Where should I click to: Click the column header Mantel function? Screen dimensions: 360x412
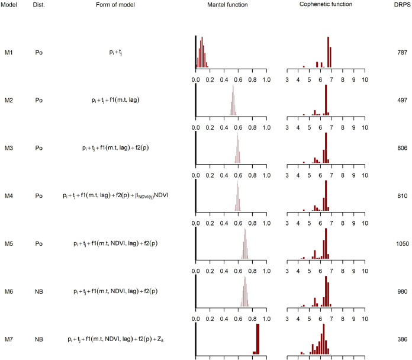[231, 5]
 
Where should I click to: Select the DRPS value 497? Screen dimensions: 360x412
[402, 100]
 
